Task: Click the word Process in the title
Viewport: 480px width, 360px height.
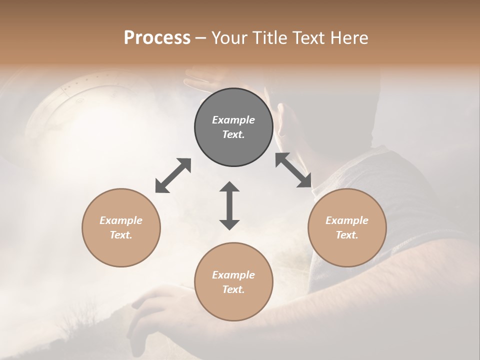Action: pyautogui.click(x=157, y=38)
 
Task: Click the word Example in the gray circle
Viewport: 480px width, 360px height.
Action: pyautogui.click(x=233, y=120)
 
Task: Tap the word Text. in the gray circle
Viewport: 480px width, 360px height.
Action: pyautogui.click(x=233, y=134)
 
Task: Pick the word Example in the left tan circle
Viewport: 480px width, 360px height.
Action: pyautogui.click(x=121, y=220)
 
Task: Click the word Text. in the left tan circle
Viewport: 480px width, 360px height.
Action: pyautogui.click(x=121, y=235)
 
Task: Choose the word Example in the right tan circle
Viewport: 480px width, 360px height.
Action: pyautogui.click(x=347, y=220)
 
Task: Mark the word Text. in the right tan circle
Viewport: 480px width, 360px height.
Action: pyautogui.click(x=347, y=235)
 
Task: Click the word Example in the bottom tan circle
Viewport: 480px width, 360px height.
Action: pyautogui.click(x=233, y=275)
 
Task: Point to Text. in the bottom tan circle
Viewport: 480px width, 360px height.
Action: pyautogui.click(x=233, y=289)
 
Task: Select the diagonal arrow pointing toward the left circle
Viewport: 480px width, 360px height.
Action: pyautogui.click(x=173, y=175)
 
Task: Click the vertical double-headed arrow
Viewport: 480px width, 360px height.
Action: pyautogui.click(x=229, y=205)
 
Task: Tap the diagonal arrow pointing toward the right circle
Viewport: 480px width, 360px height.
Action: pyautogui.click(x=293, y=170)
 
